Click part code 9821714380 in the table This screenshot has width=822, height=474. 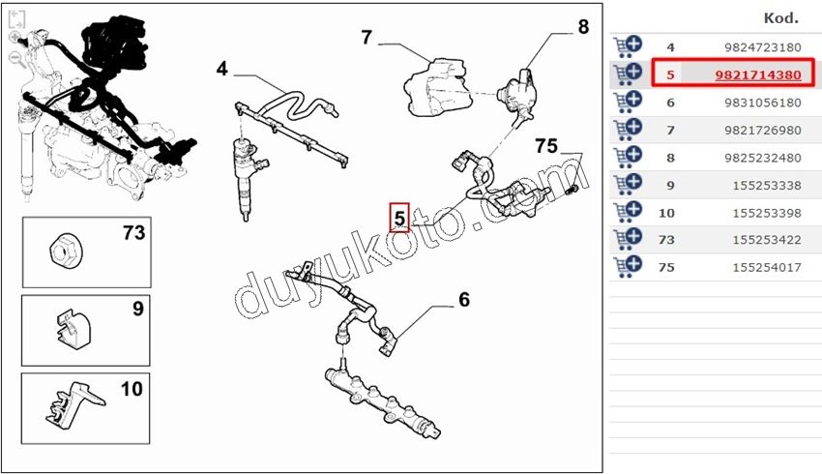click(x=758, y=74)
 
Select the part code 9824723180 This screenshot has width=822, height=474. click(x=762, y=46)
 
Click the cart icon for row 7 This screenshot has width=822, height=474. click(x=627, y=129)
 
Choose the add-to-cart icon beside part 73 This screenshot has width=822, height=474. click(x=627, y=238)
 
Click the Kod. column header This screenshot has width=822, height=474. click(x=780, y=17)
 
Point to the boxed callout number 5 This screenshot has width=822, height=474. click(x=399, y=218)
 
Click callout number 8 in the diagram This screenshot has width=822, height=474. click(x=583, y=27)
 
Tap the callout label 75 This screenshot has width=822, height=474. click(x=546, y=146)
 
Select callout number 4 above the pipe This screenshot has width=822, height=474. click(x=222, y=69)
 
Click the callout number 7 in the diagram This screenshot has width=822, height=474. click(x=367, y=38)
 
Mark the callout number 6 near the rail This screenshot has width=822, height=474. click(x=464, y=300)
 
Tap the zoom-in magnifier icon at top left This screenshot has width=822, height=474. click(x=15, y=38)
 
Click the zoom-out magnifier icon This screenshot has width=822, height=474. click(x=15, y=57)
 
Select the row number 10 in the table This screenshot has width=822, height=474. click(x=666, y=212)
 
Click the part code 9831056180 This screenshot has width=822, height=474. click(x=762, y=102)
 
